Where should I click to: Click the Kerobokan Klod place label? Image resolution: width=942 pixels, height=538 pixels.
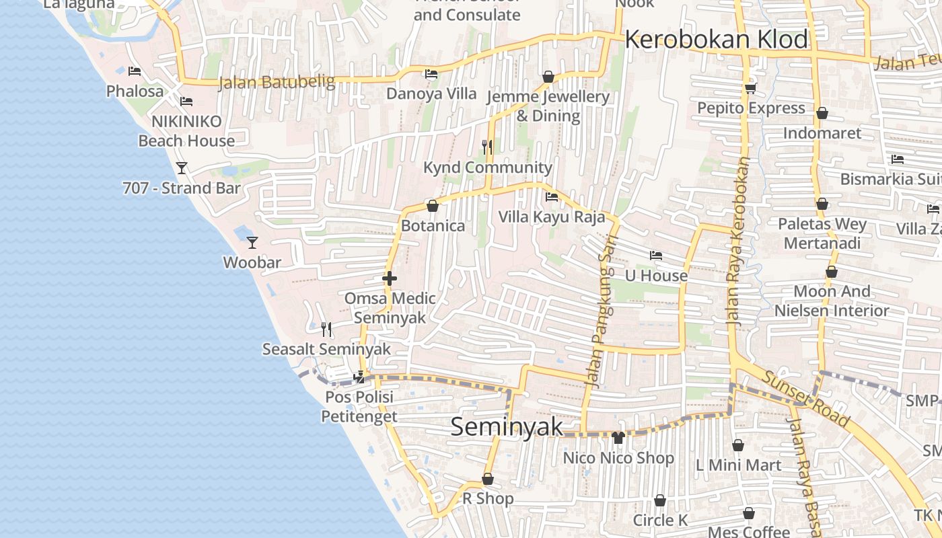716,40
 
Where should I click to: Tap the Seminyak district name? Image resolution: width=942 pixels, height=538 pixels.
506,426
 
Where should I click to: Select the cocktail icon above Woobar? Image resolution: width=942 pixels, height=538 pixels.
252,242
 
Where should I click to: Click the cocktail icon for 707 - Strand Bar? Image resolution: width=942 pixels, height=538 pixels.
181,167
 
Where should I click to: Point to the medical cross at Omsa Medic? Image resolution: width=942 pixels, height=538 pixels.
389,278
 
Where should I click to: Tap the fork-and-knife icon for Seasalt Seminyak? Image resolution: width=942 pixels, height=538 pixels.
326,329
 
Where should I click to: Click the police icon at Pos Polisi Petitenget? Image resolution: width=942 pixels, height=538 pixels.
360,377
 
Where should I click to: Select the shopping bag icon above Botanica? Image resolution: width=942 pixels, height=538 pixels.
433,205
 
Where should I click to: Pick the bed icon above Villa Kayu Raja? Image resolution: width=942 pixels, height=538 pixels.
552,197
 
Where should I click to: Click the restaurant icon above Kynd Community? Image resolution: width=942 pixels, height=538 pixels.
488,147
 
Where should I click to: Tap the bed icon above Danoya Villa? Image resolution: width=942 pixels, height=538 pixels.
431,73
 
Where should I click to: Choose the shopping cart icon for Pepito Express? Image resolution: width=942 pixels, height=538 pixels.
751,88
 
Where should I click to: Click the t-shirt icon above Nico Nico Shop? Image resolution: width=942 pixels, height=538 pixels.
618,438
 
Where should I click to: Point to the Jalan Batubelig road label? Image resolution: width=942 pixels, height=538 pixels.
277,82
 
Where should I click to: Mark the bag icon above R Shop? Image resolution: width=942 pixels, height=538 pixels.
488,479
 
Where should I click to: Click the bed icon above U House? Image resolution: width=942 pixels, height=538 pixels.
656,256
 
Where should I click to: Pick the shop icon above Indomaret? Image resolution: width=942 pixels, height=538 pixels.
822,113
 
